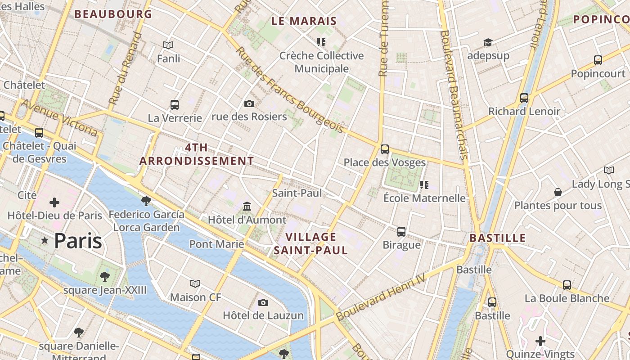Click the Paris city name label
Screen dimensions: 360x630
(x=78, y=241)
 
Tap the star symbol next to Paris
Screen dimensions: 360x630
(x=45, y=241)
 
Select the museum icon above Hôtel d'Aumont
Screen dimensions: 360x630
(x=247, y=207)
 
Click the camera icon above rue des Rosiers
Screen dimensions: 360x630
(x=249, y=104)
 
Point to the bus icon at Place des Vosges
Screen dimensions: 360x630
(x=384, y=149)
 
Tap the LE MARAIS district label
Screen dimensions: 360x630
(x=304, y=21)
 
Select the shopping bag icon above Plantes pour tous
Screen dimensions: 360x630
(x=558, y=192)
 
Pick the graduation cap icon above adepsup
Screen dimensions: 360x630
(x=488, y=43)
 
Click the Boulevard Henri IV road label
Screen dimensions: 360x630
(x=381, y=297)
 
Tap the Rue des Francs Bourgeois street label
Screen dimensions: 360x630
(x=289, y=90)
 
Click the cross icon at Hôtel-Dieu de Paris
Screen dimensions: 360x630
(x=54, y=202)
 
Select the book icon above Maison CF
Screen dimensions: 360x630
(x=195, y=284)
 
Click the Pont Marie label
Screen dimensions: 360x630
(x=216, y=244)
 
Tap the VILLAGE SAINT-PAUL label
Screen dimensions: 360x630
(x=310, y=243)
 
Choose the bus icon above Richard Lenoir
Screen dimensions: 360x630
(x=524, y=98)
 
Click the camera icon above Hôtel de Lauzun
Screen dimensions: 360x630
(x=263, y=302)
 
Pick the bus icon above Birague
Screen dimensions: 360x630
(x=401, y=232)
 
